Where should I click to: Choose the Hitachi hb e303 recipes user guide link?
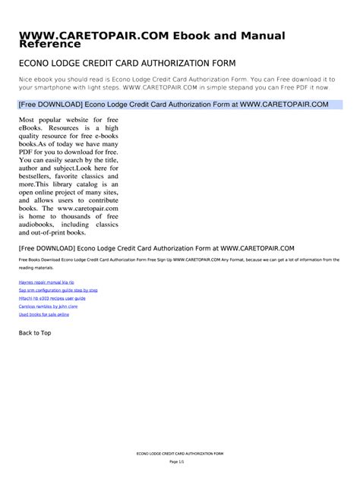point(52,298)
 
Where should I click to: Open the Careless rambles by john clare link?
point(49,307)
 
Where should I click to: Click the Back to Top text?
point(35,333)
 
